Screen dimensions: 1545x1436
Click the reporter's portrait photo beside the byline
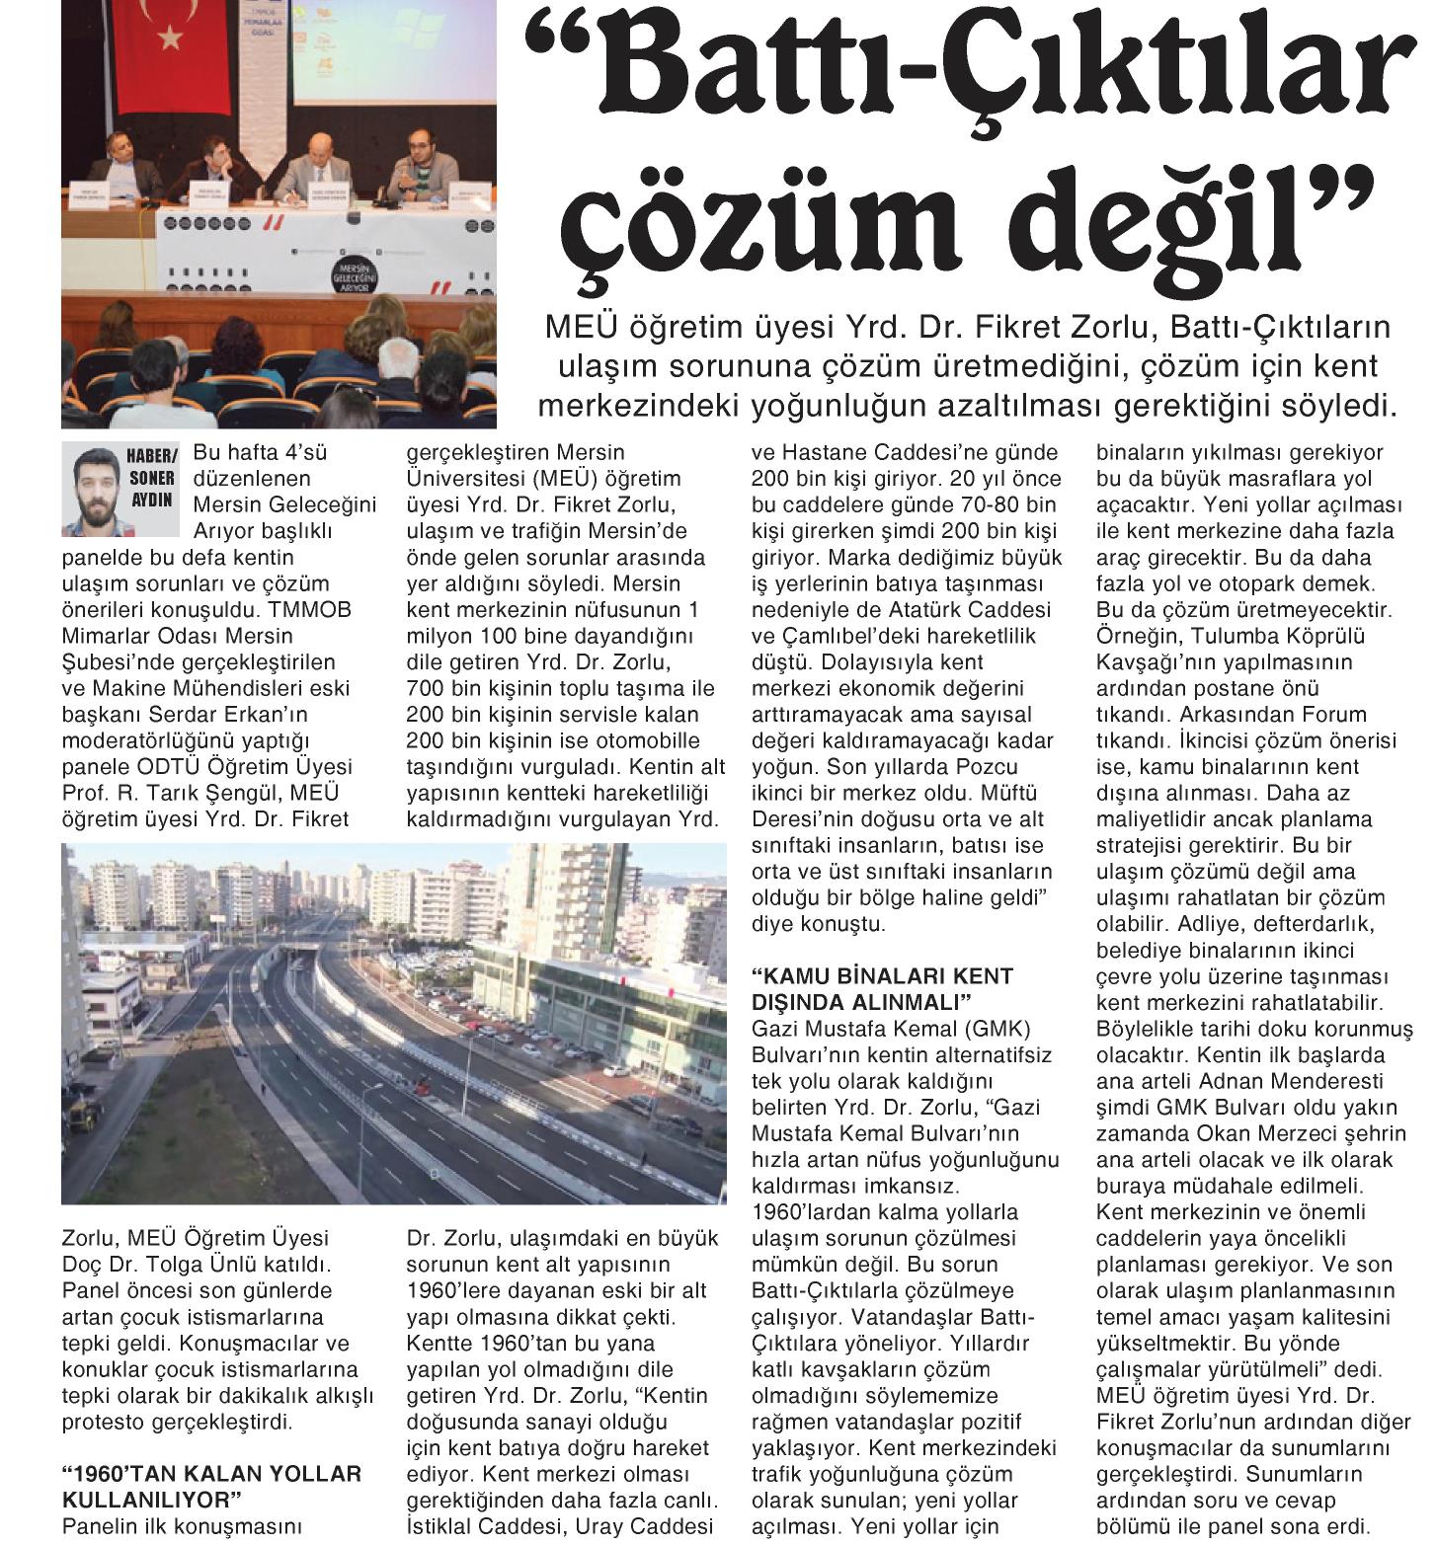tap(93, 486)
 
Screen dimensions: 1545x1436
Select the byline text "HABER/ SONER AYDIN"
tap(151, 478)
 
